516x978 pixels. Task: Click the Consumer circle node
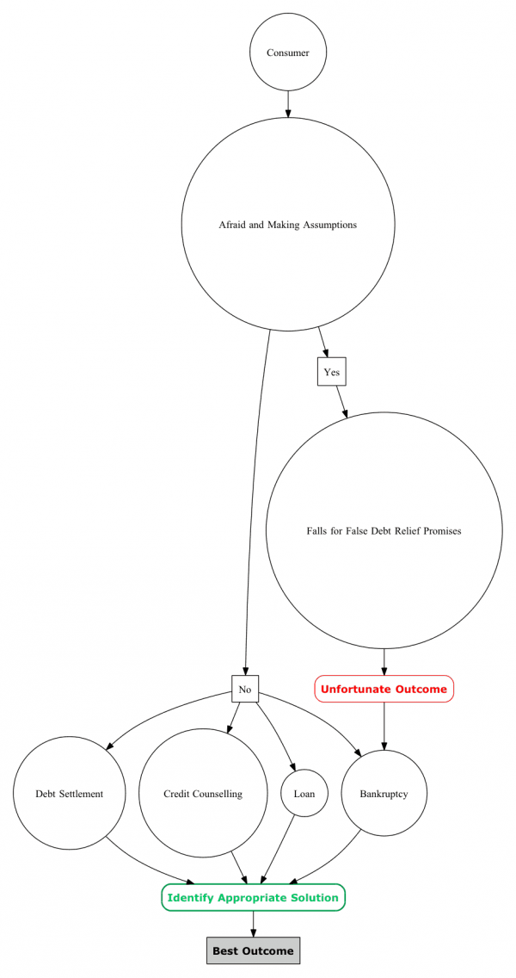(288, 53)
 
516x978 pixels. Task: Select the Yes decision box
(332, 372)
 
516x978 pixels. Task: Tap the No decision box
(245, 690)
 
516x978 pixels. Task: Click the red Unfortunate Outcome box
(384, 689)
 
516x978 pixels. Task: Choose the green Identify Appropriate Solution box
(253, 898)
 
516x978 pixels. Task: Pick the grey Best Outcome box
(253, 950)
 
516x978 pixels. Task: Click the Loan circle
(304, 794)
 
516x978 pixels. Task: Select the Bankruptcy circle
(384, 794)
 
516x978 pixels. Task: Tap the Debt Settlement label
(69, 794)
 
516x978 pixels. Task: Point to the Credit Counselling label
(203, 794)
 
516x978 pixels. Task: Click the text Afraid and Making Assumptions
(288, 225)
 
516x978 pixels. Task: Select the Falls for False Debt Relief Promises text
(384, 531)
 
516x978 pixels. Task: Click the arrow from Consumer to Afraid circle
(288, 104)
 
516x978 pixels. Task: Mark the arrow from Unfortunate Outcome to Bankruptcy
(384, 726)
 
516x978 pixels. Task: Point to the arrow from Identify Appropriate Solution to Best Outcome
(253, 924)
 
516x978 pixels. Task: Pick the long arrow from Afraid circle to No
(253, 502)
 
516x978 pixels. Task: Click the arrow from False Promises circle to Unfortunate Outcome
(384, 662)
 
